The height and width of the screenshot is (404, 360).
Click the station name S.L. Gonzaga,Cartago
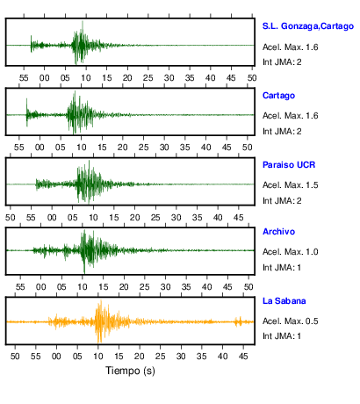[x=308, y=26]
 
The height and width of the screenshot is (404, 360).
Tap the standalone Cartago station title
[x=278, y=96]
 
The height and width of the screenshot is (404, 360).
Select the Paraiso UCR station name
[x=289, y=165]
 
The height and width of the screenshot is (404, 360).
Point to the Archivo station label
[x=278, y=232]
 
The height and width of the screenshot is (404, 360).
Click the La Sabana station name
[x=284, y=301]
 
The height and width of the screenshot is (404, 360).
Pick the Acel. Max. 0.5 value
[x=290, y=321]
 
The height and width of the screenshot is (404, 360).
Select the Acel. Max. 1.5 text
[x=290, y=185]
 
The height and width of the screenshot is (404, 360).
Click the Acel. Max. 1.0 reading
[x=290, y=252]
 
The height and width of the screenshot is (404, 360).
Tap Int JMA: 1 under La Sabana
[x=282, y=335]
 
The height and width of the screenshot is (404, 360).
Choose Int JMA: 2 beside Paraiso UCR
[x=282, y=201]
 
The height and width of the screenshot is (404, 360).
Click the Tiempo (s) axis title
[x=130, y=371]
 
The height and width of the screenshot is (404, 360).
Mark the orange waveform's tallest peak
[x=101, y=300]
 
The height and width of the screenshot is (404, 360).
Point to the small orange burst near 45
[x=239, y=321]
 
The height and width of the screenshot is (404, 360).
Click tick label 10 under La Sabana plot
[x=98, y=357]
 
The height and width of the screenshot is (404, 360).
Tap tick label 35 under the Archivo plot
[x=186, y=287]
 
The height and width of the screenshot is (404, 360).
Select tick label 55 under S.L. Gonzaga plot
[x=24, y=78]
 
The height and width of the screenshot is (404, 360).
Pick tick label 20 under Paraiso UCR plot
[x=134, y=218]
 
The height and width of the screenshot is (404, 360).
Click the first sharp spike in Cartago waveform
[x=26, y=99]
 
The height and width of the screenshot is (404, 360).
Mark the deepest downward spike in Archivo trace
[x=84, y=272]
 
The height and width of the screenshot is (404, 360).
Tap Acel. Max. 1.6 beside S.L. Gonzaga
[x=290, y=47]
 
